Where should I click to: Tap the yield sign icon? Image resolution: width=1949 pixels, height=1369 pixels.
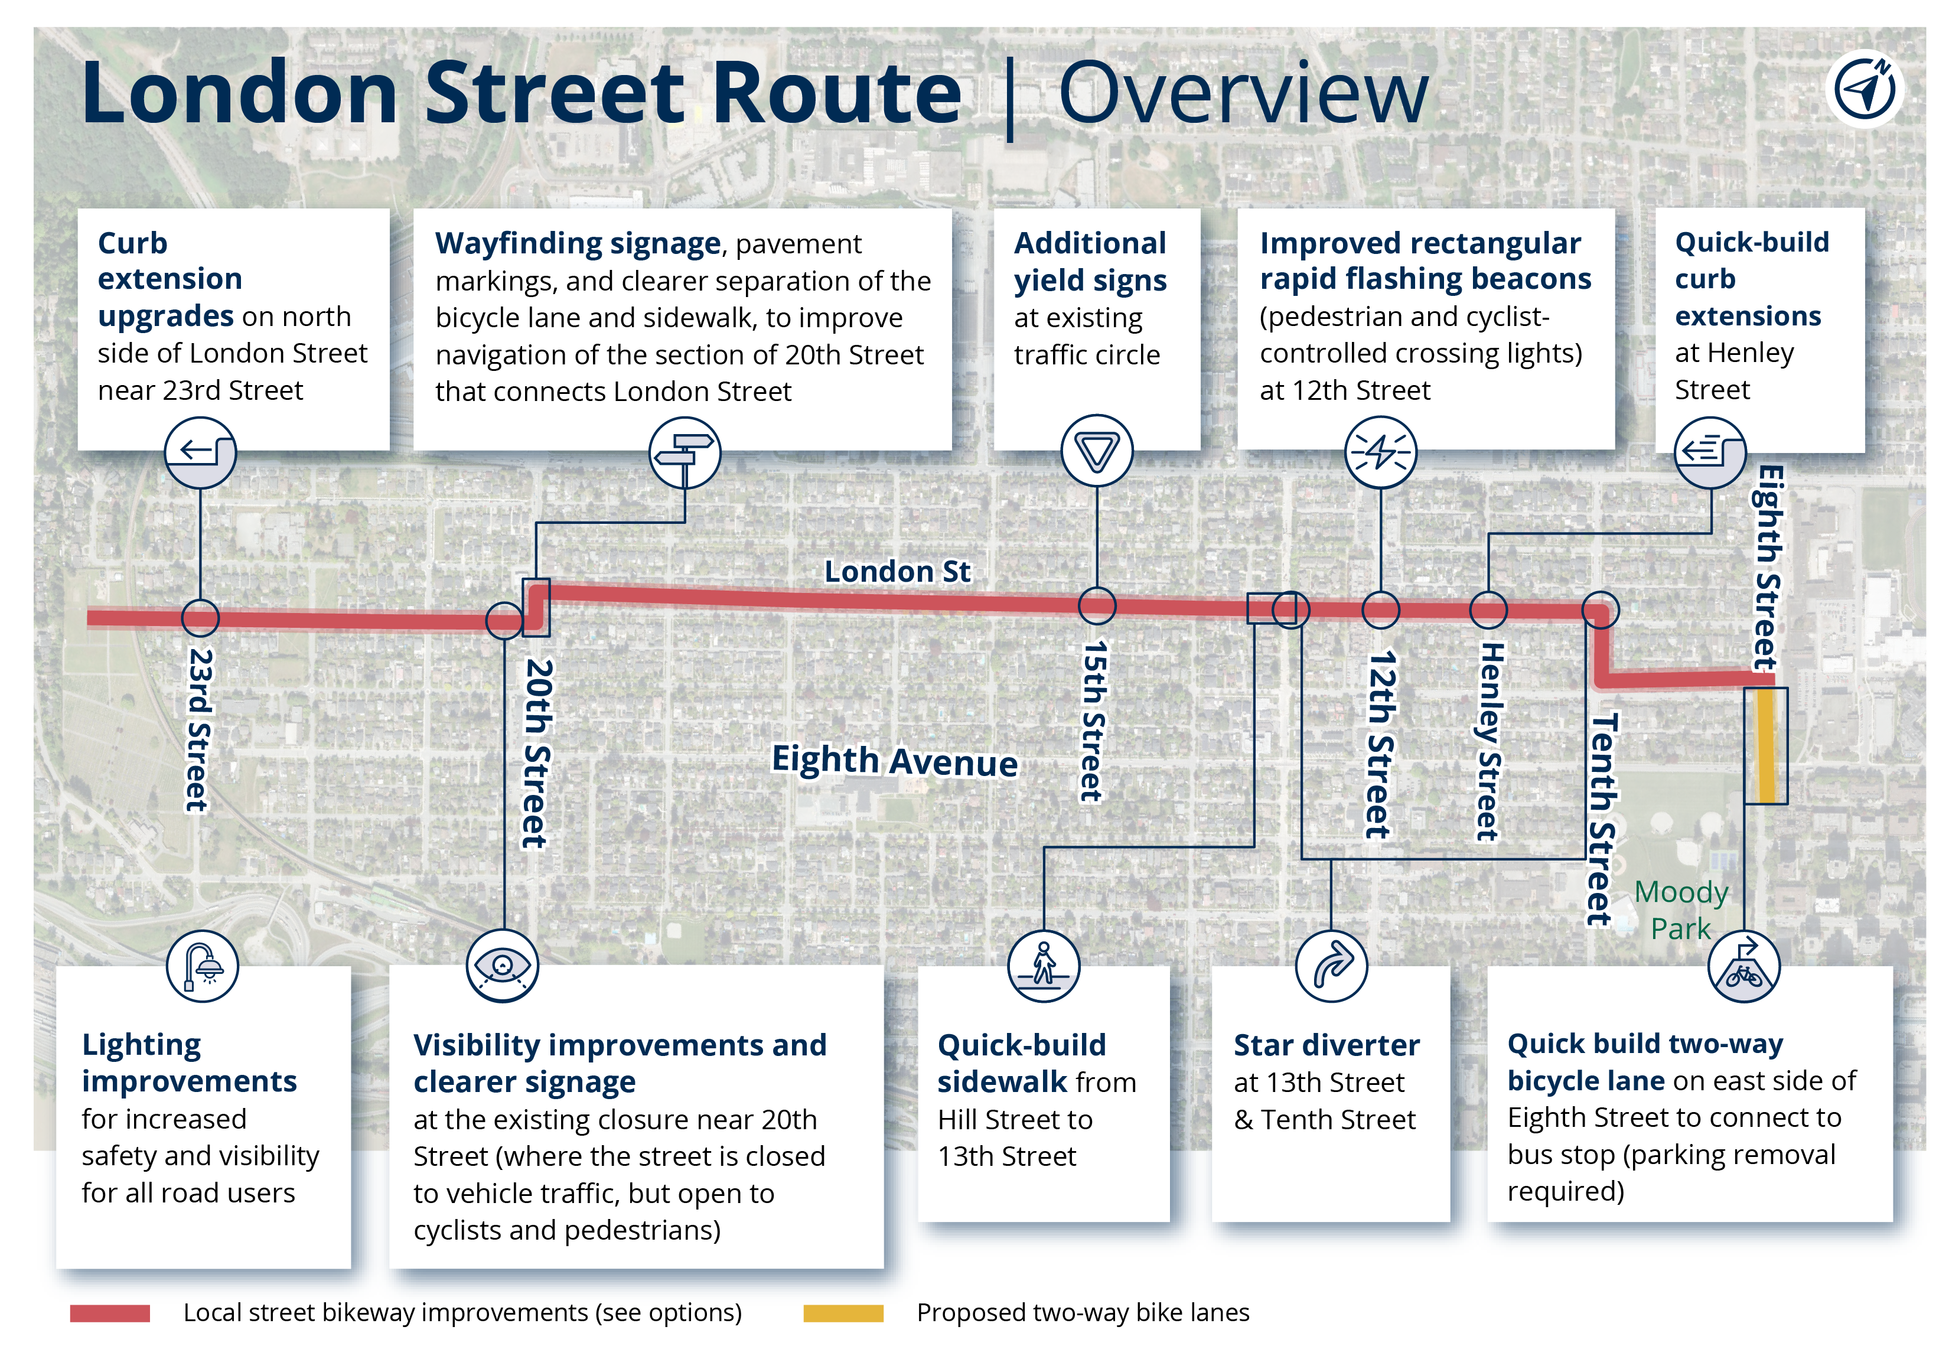1097,451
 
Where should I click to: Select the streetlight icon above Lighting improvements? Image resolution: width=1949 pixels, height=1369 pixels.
202,966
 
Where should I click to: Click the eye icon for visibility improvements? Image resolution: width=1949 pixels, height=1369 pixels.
503,966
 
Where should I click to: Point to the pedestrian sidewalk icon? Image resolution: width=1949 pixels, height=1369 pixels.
1043,966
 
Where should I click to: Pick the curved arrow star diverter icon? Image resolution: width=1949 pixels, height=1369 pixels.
1331,966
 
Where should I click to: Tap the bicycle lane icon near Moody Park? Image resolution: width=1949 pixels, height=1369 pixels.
1743,966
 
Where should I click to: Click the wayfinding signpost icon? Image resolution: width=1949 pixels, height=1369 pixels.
685,452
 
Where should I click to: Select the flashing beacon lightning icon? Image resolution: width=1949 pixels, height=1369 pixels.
1380,452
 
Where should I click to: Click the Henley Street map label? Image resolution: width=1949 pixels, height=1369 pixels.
1490,741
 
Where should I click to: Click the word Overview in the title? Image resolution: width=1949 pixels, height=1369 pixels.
1244,93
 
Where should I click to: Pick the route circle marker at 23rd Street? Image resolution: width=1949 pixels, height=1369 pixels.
200,618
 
